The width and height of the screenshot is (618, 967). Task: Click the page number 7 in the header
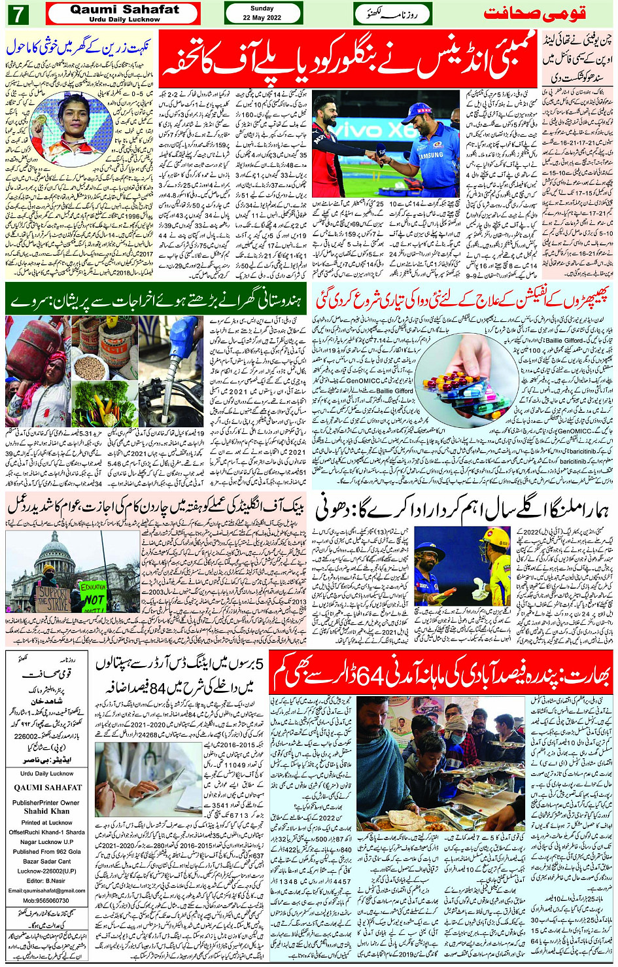click(17, 13)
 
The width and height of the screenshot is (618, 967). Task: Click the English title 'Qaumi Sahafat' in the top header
click(124, 9)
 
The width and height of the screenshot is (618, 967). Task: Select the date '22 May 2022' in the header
click(262, 18)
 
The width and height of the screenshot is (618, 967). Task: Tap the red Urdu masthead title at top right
click(534, 13)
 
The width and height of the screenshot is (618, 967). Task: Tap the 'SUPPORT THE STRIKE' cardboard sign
click(53, 597)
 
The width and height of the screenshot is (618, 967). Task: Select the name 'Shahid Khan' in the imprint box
click(46, 811)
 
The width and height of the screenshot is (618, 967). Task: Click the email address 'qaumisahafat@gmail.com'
click(46, 890)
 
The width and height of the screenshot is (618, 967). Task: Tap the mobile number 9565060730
click(46, 900)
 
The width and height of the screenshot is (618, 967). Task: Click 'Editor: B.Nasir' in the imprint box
click(46, 881)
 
